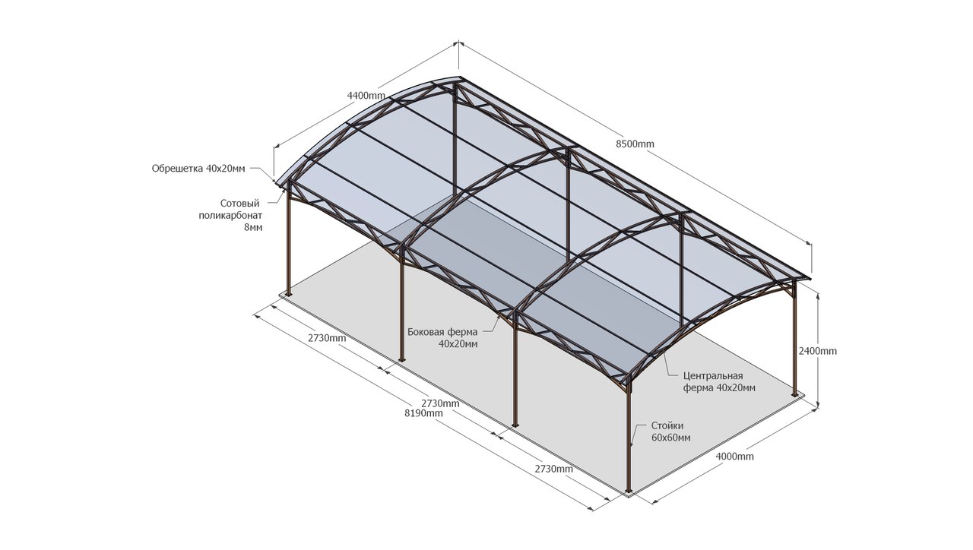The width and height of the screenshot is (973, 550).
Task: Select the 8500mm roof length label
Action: (x=635, y=144)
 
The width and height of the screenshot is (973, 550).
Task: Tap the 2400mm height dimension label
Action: (x=818, y=351)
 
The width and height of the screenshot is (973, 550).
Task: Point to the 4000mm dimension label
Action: (x=734, y=457)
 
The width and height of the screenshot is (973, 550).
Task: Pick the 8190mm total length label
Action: (x=423, y=413)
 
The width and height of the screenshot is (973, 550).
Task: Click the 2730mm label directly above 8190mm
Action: (x=440, y=403)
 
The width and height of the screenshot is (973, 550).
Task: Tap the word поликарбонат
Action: (x=225, y=215)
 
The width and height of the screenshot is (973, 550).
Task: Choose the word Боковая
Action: (x=426, y=332)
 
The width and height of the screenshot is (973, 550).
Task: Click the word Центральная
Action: (x=713, y=376)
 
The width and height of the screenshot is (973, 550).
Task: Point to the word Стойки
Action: (x=667, y=426)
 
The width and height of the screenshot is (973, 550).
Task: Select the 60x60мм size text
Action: (x=671, y=438)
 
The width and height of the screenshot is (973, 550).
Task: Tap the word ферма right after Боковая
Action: (x=462, y=332)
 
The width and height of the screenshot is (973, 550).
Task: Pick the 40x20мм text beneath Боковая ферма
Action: (x=458, y=343)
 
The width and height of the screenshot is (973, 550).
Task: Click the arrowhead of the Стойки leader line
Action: (x=633, y=441)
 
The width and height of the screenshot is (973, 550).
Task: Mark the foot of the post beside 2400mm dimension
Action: (x=795, y=394)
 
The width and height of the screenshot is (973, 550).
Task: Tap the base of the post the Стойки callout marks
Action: (x=628, y=490)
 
